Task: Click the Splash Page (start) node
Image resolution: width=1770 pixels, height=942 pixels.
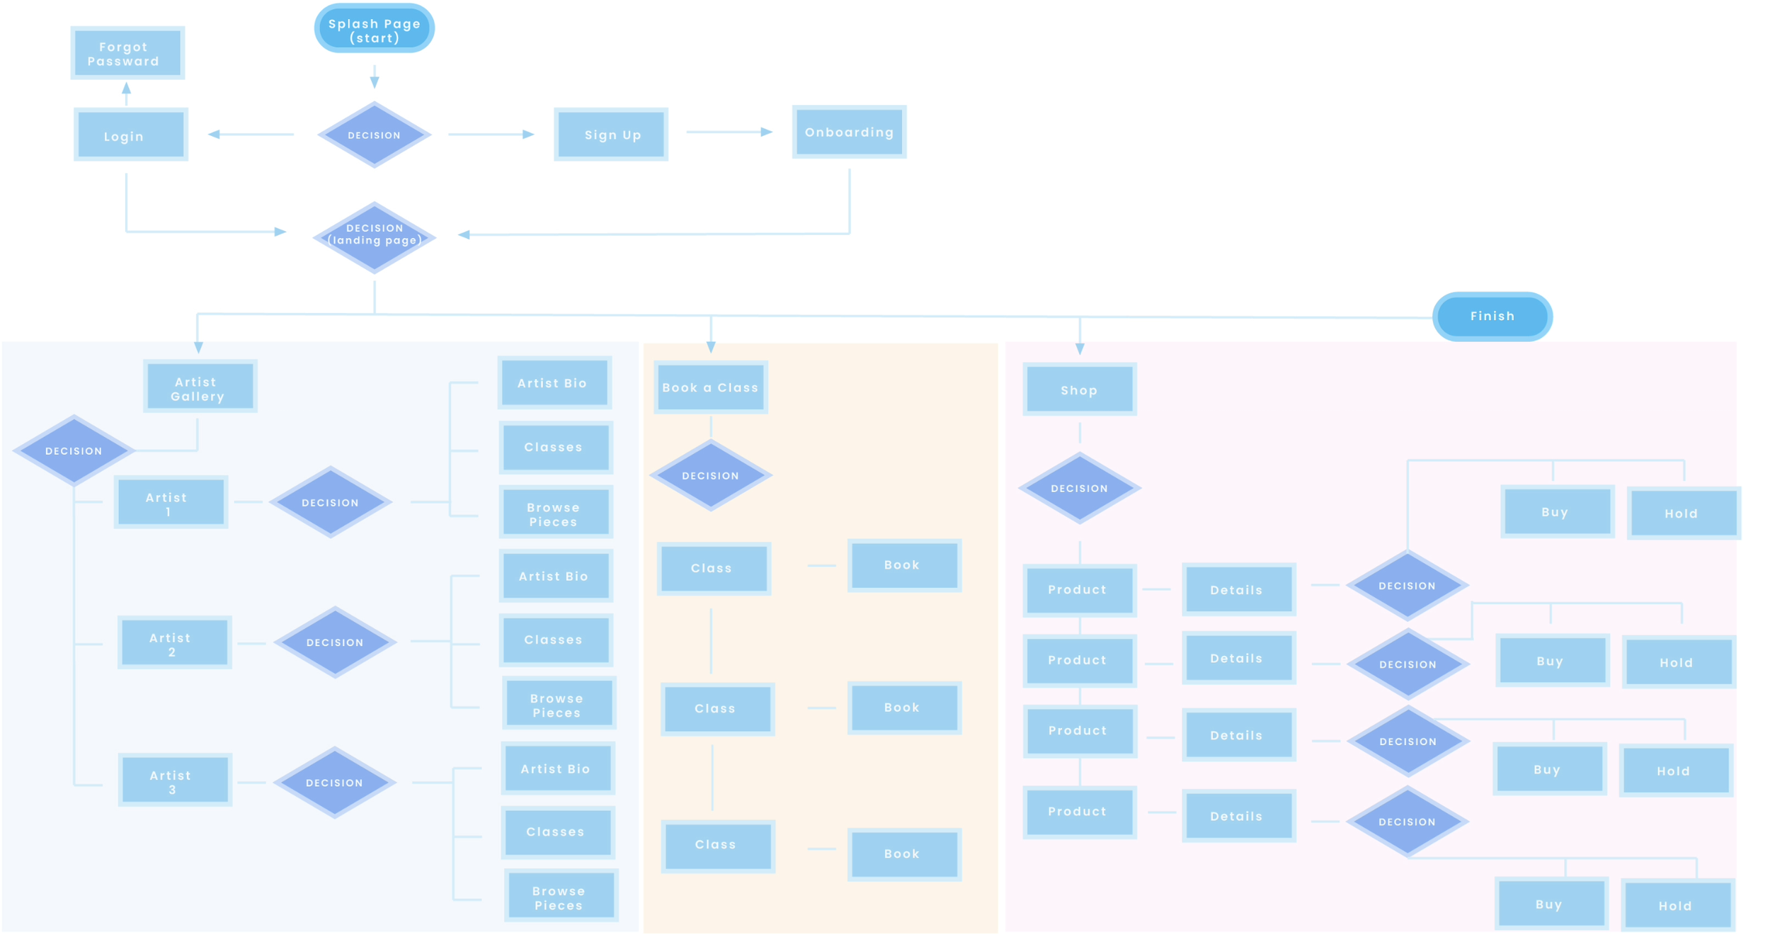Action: (374, 29)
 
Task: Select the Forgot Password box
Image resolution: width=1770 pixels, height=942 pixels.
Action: (127, 54)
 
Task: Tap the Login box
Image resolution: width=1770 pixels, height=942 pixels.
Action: (130, 135)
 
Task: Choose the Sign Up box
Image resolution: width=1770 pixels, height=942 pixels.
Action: (611, 135)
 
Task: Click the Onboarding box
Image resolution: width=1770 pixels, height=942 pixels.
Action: (849, 132)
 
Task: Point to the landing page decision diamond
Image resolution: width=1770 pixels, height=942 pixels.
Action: (374, 237)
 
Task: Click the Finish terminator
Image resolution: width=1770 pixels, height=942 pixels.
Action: (1492, 317)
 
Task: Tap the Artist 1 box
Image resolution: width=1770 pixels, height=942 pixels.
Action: (171, 502)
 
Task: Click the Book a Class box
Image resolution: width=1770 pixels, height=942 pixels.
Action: (710, 387)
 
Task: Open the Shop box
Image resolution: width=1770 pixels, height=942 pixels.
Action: (1079, 390)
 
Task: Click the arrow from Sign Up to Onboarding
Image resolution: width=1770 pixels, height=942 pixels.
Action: (729, 132)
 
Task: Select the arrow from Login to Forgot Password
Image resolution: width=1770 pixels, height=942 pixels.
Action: (126, 93)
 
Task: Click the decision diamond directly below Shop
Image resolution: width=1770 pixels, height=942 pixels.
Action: (1079, 488)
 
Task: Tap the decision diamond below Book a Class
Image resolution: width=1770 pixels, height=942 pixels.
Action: (710, 475)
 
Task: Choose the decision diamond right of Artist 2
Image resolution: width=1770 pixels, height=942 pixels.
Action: (334, 642)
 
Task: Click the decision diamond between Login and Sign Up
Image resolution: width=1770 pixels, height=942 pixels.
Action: (374, 135)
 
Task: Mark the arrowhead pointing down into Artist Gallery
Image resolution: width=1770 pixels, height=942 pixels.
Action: (198, 348)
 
